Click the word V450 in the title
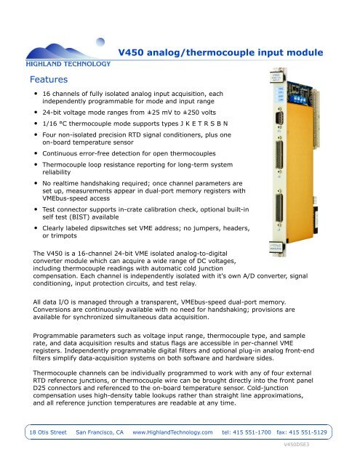[x=132, y=52]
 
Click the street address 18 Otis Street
[x=44, y=432]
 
